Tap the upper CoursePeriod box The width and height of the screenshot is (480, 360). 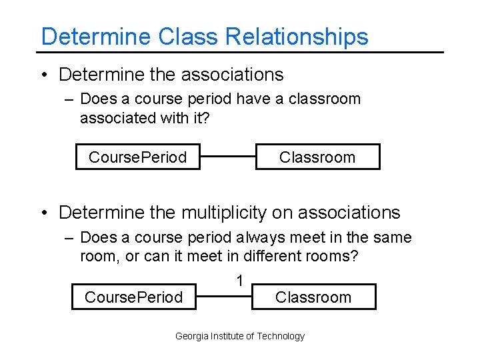137,157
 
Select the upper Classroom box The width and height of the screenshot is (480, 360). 317,157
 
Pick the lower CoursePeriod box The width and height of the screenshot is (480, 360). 133,297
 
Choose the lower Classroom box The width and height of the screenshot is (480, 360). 313,297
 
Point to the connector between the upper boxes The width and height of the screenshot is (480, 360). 227,157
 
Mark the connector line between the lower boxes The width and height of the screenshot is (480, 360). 224,297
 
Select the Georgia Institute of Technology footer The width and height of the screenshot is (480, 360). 240,337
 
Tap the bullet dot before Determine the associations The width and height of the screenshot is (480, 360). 44,75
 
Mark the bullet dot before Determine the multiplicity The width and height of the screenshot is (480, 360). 44,213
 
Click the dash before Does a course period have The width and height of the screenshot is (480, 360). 70,100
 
